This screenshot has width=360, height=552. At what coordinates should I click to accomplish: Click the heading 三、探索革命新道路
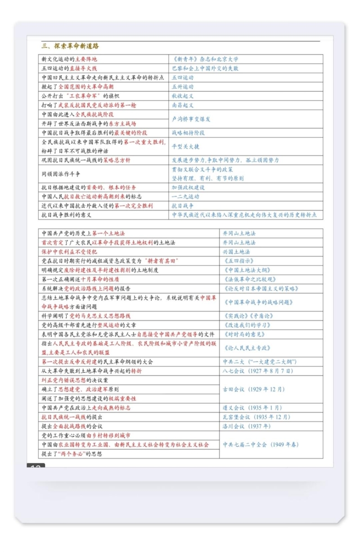coord(70,46)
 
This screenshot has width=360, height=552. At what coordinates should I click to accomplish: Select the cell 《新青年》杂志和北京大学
coord(205,59)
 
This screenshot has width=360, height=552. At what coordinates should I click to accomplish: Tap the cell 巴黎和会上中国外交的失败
coord(205,68)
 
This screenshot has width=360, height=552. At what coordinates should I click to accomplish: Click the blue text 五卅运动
coord(183,87)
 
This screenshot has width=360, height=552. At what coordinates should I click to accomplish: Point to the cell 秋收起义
coord(183,96)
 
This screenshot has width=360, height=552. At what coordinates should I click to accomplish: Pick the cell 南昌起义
coord(183,105)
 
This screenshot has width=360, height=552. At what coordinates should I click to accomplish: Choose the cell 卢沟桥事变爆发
coord(191,119)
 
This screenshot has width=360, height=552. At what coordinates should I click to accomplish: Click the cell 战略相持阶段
coord(189,133)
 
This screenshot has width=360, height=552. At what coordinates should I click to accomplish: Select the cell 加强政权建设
coord(189,187)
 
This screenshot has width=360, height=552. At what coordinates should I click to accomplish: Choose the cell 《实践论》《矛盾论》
coord(248,316)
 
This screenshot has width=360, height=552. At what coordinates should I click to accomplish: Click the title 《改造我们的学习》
coord(247,325)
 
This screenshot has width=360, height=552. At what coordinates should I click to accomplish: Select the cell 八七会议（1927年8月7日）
coord(258,371)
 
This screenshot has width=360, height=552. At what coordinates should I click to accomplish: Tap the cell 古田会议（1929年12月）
coord(254,389)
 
